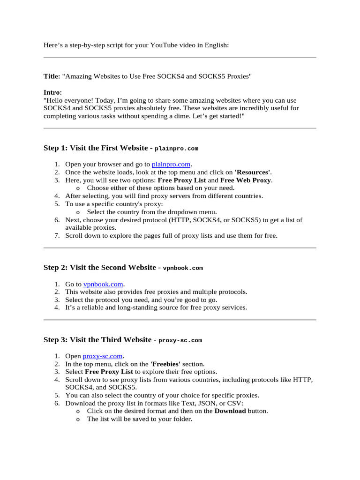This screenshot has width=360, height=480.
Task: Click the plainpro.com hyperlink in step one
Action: point(171,164)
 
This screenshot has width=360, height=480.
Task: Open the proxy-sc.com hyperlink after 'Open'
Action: point(103,356)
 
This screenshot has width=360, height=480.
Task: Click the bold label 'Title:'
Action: point(52,76)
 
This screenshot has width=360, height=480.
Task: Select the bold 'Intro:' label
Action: point(52,92)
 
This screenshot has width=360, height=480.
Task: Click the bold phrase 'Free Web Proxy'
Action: point(246,180)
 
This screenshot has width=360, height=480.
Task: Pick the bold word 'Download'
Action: point(230,411)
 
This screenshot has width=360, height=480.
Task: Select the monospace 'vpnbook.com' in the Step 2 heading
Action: point(183,268)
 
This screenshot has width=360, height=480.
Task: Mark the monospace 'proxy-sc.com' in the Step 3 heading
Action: point(180,340)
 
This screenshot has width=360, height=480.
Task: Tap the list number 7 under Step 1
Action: point(57,236)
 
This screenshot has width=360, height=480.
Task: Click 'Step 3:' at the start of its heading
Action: point(56,340)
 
